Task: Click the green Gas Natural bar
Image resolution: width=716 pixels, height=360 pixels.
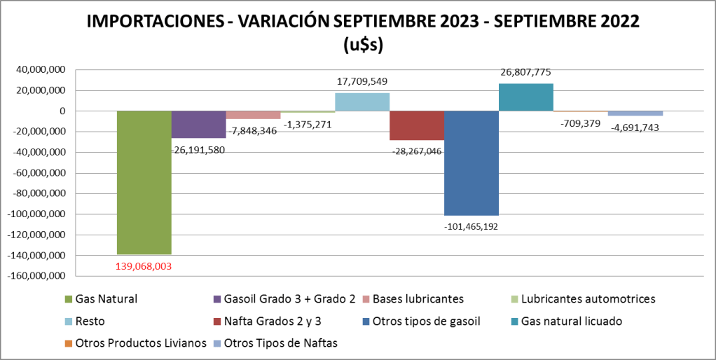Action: click(144, 182)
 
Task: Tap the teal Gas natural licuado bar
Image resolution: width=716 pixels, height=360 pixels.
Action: click(526, 97)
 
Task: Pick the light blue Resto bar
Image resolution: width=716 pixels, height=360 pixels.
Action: click(362, 102)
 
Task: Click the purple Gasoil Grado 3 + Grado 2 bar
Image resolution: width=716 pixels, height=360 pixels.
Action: click(199, 124)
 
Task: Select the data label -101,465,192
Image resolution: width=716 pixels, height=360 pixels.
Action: click(471, 226)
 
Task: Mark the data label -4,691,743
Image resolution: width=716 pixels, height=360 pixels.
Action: click(634, 127)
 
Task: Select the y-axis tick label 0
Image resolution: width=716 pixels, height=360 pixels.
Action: click(62, 111)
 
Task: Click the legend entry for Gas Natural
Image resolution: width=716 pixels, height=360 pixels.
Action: click(106, 299)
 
